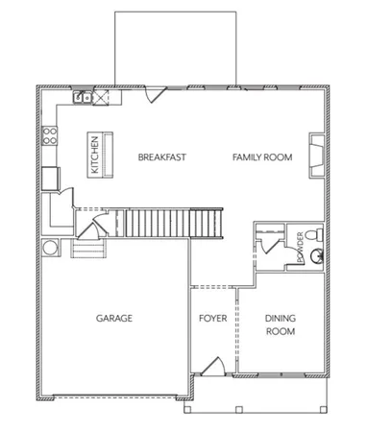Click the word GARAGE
[112, 318]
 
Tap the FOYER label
[212, 318]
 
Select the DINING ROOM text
[280, 324]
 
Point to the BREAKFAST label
[160, 156]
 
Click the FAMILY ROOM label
[261, 156]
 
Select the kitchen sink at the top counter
[84, 97]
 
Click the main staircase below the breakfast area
[173, 223]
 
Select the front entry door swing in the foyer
[213, 366]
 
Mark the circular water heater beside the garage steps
[50, 248]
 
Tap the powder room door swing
[274, 245]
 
